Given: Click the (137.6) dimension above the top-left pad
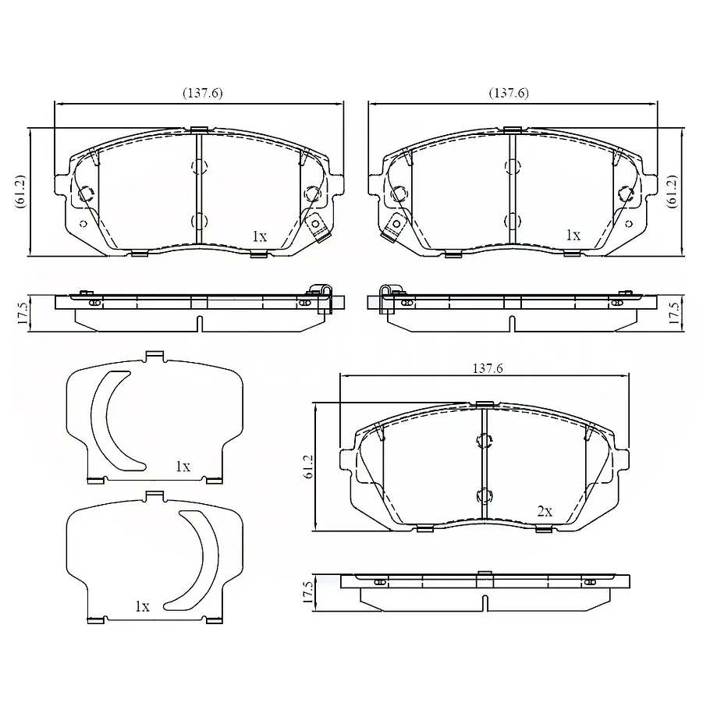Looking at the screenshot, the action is pyautogui.click(x=202, y=94).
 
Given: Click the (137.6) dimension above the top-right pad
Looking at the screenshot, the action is pyautogui.click(x=509, y=94).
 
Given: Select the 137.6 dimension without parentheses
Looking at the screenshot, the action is pyautogui.click(x=488, y=368).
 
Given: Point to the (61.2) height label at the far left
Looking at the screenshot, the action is pyautogui.click(x=21, y=191).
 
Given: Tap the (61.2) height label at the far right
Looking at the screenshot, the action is pyautogui.click(x=672, y=191).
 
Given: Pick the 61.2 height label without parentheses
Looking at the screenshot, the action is pyautogui.click(x=308, y=467).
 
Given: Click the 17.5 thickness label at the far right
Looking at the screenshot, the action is pyautogui.click(x=674, y=314).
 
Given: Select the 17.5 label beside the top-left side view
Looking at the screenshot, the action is pyautogui.click(x=23, y=314).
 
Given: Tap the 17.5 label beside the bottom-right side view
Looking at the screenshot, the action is pyautogui.click(x=308, y=592).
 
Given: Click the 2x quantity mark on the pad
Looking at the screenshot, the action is pyautogui.click(x=545, y=512).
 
